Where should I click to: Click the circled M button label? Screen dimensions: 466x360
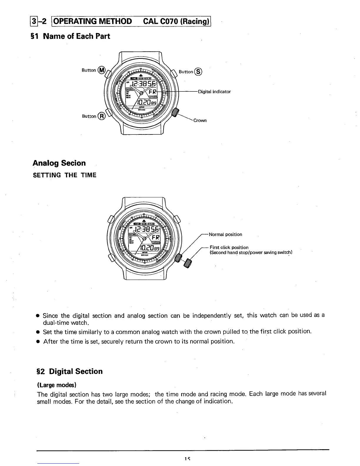(101, 70)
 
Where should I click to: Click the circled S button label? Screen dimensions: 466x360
(199, 71)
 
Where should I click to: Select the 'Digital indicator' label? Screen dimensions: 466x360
(214, 91)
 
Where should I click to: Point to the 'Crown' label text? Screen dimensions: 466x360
(200, 120)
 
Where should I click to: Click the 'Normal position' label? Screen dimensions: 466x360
(225, 234)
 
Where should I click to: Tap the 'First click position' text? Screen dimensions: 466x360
(229, 247)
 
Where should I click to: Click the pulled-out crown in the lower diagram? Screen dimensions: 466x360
(187, 264)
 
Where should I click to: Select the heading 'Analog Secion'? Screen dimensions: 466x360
(59, 163)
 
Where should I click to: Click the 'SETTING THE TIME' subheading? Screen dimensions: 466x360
(65, 175)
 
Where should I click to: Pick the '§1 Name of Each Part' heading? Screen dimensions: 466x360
(71, 36)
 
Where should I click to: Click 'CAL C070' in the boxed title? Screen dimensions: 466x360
(161, 21)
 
